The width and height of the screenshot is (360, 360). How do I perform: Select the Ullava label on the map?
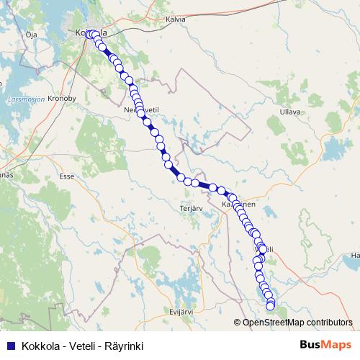tap(290, 112)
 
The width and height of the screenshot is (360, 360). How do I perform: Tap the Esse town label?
tap(68, 175)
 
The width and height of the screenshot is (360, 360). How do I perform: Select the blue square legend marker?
tap(9, 346)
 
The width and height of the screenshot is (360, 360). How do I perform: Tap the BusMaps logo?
tap(325, 345)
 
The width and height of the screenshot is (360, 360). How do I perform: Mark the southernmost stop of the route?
tap(271, 307)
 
